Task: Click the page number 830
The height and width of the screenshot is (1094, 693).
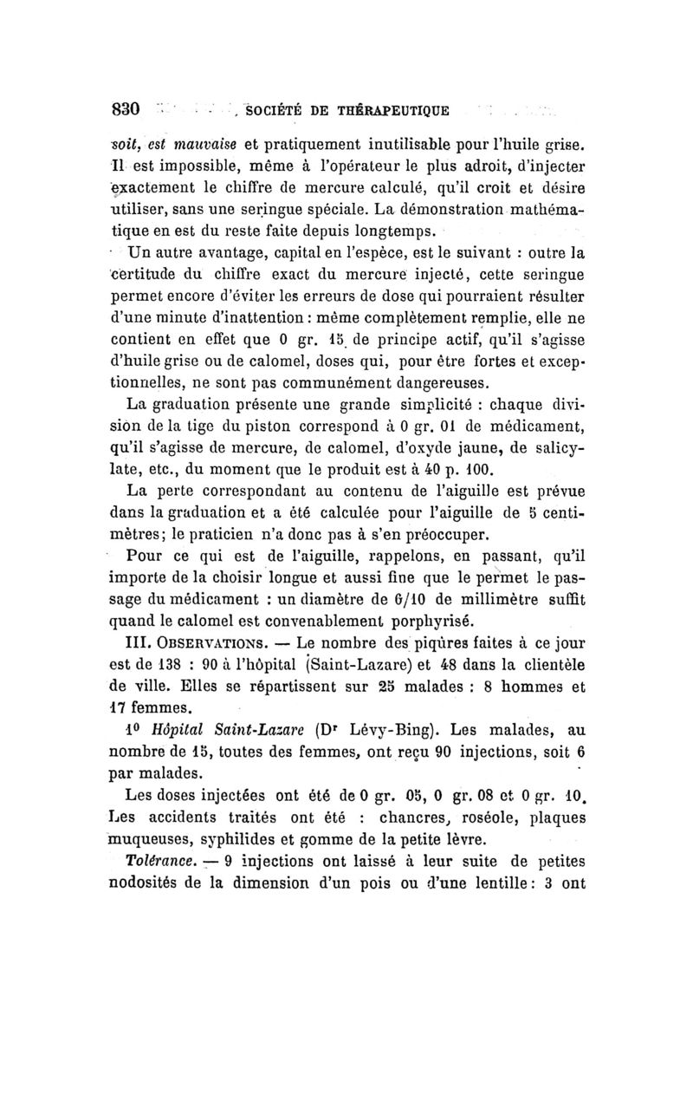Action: (126, 109)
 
